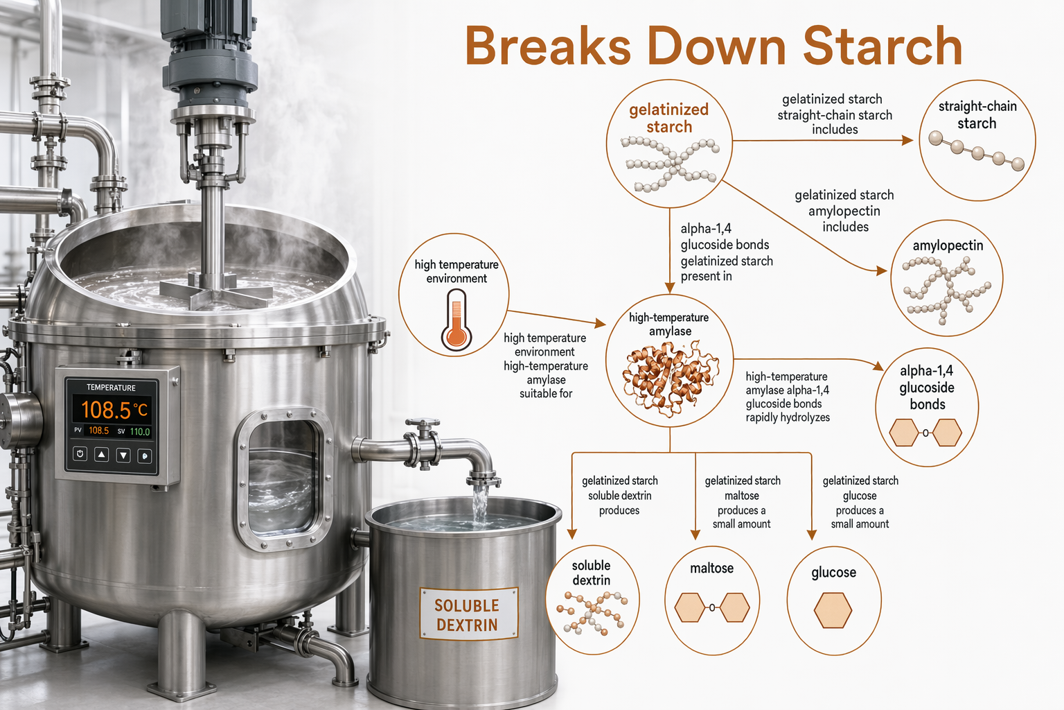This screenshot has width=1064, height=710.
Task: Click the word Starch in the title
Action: coord(883,46)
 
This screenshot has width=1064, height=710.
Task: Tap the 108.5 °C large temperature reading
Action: coord(114,410)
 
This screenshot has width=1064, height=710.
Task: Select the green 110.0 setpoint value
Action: coord(140,432)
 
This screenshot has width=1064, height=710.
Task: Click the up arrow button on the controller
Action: coord(101,455)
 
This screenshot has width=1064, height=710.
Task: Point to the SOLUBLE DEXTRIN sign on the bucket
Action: coord(468,614)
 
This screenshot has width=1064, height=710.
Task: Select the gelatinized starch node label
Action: coord(668,118)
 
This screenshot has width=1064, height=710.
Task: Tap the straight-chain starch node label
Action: coord(977,114)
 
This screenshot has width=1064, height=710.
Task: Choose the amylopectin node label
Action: coord(948,245)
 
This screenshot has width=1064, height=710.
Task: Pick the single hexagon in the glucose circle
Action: coord(833,610)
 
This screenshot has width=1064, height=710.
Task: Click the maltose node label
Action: coord(711,569)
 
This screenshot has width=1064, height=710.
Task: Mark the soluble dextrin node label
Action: coord(591,573)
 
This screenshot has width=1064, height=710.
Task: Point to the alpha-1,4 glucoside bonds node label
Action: coord(927,387)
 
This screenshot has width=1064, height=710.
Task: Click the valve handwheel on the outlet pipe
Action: coord(423,422)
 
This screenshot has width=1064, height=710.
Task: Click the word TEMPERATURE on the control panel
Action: coord(111,388)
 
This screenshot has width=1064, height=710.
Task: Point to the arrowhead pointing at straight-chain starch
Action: coord(907,140)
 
